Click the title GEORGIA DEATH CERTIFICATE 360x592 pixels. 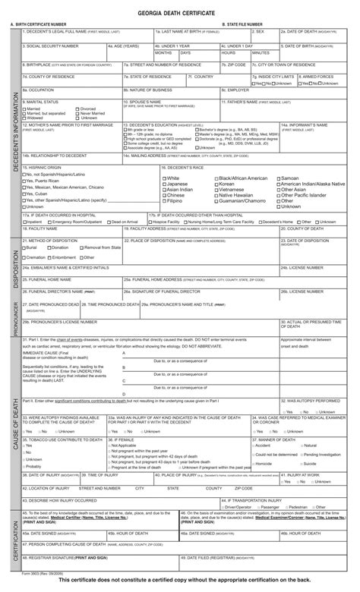(180, 14)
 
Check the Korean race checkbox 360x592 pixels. (215, 184)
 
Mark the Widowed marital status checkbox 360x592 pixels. (24, 118)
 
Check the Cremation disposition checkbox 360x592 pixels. (24, 257)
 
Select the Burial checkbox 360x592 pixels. (24, 247)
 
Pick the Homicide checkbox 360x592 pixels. (253, 463)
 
